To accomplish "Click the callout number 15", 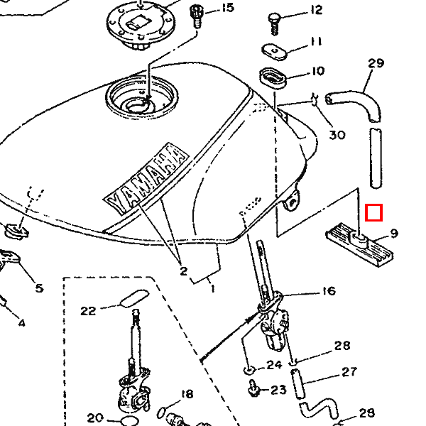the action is (228, 8).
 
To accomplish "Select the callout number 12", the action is (316, 11).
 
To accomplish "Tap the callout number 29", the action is (376, 63).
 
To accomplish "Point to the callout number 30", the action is (337, 135).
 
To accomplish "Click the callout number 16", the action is (329, 291).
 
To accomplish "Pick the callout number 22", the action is (88, 311).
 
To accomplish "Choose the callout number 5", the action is (39, 288).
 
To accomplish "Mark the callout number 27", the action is (349, 372).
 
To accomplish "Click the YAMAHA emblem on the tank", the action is (146, 178).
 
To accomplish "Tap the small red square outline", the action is (374, 213).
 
